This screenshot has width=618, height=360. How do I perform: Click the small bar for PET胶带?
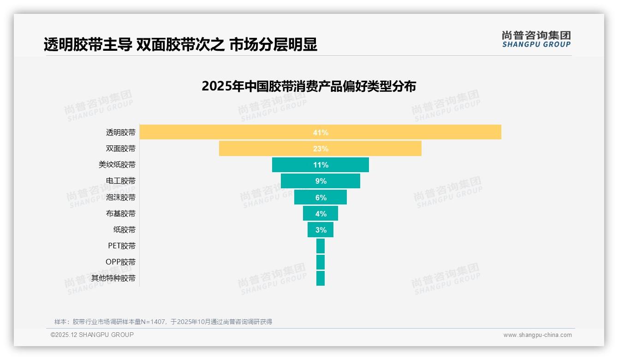(321, 246)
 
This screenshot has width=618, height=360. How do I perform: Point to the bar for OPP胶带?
(321, 262)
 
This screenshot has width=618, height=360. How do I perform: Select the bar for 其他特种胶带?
(321, 278)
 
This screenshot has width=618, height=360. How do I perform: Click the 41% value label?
(321, 132)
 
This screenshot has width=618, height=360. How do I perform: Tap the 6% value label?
(321, 198)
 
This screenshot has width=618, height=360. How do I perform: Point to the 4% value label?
(321, 214)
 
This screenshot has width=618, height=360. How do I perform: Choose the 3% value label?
(321, 230)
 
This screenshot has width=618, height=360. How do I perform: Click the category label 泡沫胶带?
(121, 198)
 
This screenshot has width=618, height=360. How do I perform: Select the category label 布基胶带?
(121, 214)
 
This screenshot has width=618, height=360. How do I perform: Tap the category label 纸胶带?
(125, 230)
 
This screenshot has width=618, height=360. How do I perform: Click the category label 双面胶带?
(121, 149)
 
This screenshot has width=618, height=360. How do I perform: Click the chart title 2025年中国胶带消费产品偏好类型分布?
(309, 86)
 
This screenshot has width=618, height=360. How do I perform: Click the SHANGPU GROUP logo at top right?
(536, 39)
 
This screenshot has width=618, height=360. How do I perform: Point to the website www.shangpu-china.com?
(537, 335)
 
